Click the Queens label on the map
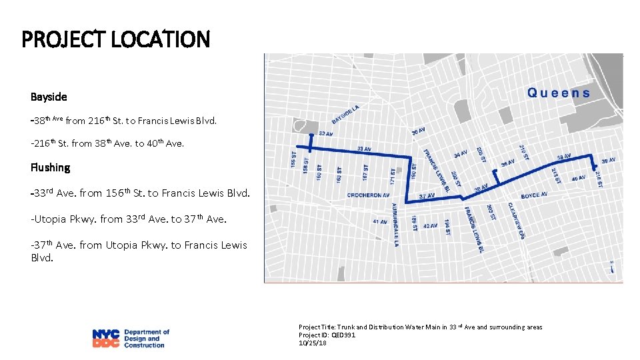click(x=559, y=93)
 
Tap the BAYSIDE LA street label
click(x=346, y=114)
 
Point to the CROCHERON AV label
click(x=367, y=195)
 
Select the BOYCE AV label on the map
click(x=535, y=195)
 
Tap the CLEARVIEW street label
click(x=516, y=220)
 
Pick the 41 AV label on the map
click(x=380, y=221)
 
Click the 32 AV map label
click(x=326, y=134)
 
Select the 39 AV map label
click(x=608, y=161)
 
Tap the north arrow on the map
click(x=611, y=273)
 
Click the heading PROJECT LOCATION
click(x=115, y=39)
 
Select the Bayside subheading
click(x=49, y=97)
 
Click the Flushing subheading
click(x=50, y=167)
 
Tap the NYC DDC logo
click(x=131, y=338)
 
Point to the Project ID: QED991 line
click(x=327, y=335)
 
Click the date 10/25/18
click(x=313, y=343)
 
